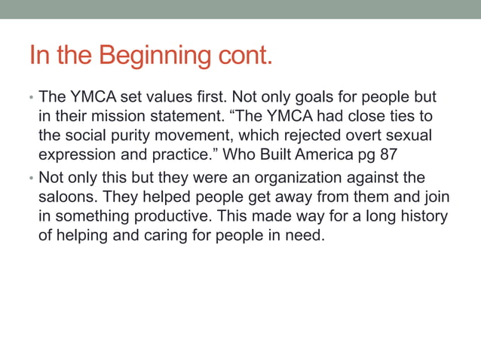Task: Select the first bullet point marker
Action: pos(31,99)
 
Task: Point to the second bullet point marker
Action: pos(31,178)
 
